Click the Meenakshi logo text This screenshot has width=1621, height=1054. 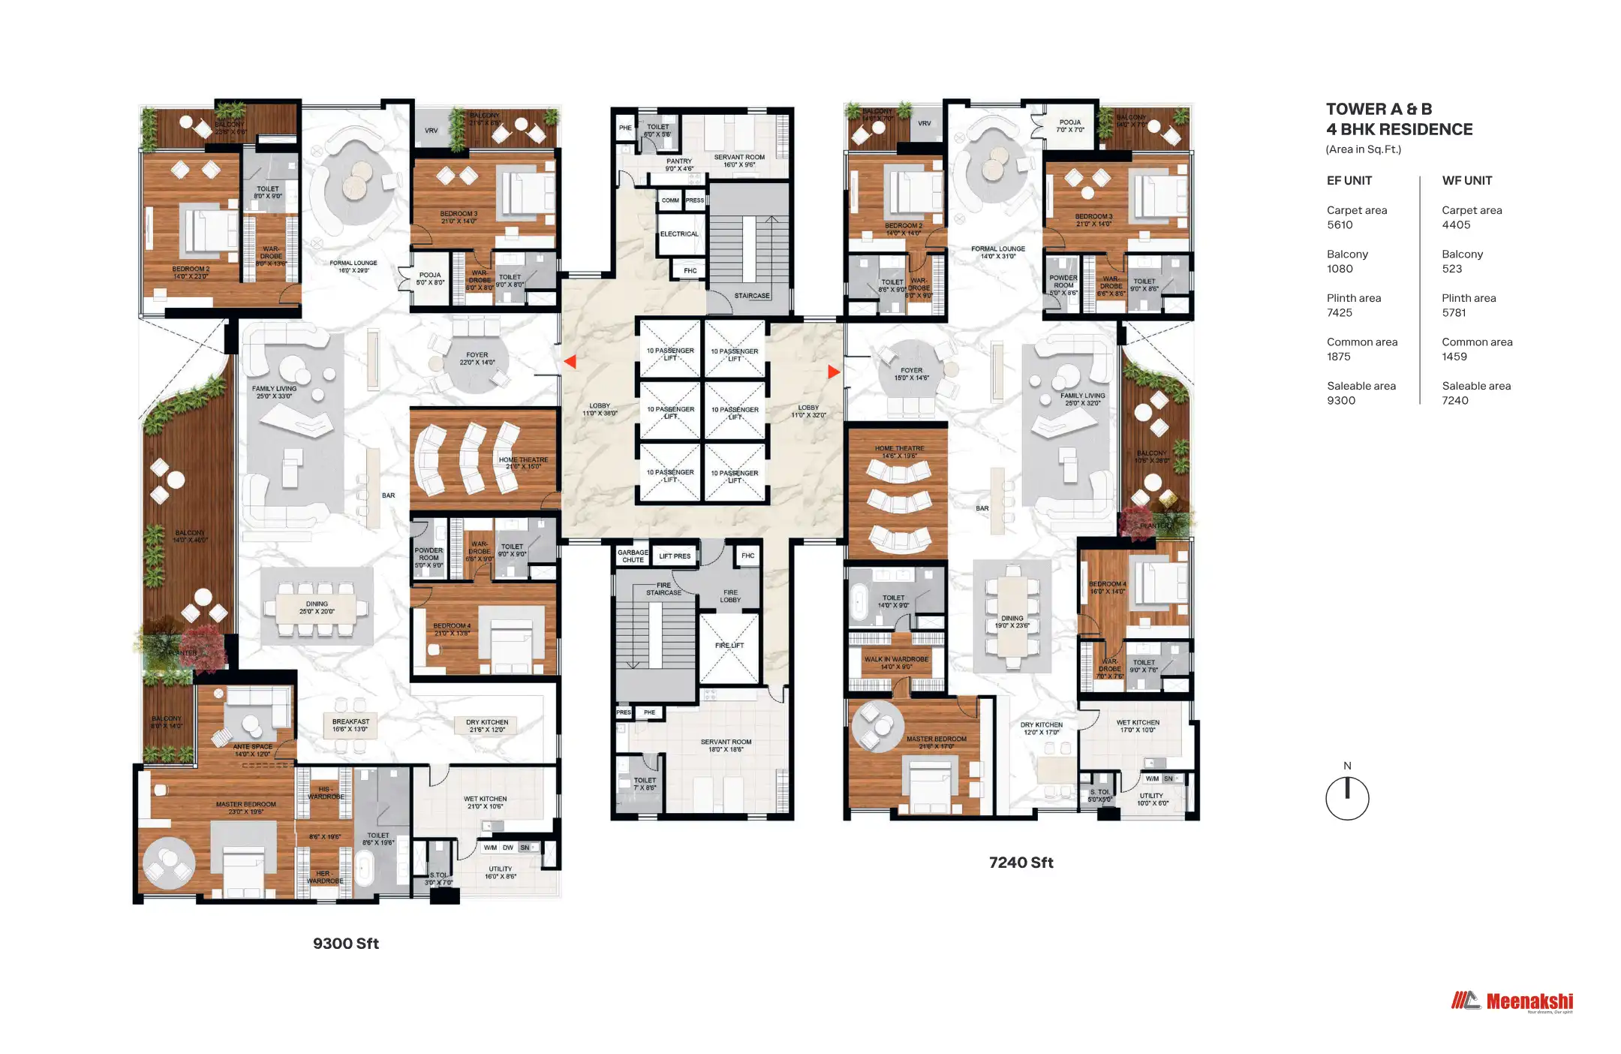(1529, 1001)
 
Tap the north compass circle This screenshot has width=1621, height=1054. (1347, 799)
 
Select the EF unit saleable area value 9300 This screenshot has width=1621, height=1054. (1341, 401)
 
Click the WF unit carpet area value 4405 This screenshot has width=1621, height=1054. (1456, 225)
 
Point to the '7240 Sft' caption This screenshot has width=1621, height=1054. (1021, 863)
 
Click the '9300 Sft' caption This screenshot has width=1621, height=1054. (345, 944)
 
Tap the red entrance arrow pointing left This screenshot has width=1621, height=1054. (570, 362)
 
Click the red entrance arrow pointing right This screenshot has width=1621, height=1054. (833, 372)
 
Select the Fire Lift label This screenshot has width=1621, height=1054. (729, 646)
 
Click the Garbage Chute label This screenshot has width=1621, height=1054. (633, 556)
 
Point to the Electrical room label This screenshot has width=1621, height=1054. (679, 234)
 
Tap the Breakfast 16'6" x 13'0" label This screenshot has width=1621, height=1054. (350, 725)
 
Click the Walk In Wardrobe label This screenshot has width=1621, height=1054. (896, 663)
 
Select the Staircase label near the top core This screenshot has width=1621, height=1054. (751, 296)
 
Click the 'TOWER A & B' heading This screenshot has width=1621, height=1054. (1379, 110)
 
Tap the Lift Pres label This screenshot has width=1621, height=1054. (675, 556)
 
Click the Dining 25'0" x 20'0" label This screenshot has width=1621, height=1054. (317, 607)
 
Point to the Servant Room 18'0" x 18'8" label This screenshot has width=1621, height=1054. (726, 745)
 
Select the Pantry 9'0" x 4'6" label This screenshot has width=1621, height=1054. (679, 165)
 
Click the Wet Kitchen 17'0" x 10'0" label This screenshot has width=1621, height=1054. (1138, 726)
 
